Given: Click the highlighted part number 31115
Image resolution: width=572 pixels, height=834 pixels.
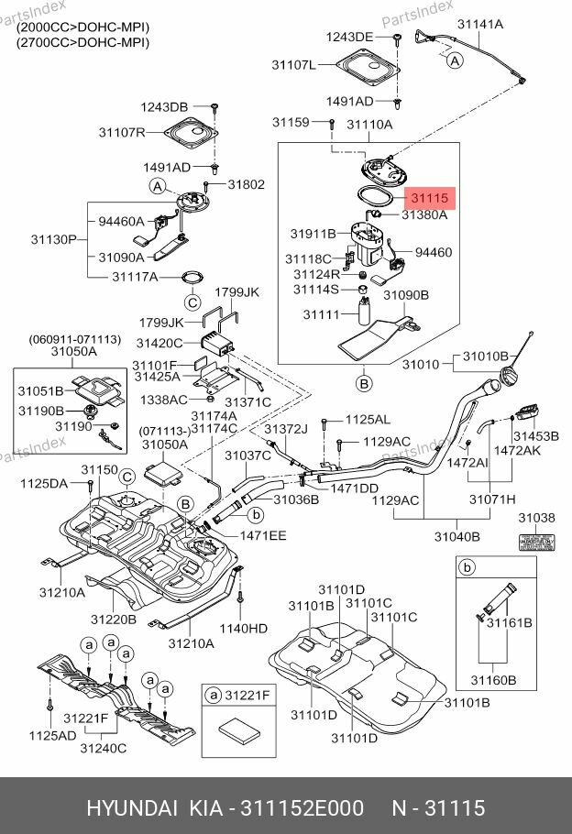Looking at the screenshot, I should (x=429, y=197).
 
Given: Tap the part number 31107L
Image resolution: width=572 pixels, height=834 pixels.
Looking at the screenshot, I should (x=293, y=66).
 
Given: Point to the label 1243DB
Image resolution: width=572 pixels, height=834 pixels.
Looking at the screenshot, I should (x=163, y=107).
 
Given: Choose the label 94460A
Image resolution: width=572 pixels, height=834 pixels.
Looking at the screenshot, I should (x=121, y=221).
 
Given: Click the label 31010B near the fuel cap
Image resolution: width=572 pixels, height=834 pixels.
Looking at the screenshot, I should (x=485, y=356).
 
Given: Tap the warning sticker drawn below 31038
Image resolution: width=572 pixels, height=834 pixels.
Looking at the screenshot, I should (x=537, y=542).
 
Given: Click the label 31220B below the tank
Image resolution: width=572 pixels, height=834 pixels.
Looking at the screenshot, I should (x=113, y=619).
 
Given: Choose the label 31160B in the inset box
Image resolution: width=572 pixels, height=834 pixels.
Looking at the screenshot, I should (x=494, y=680).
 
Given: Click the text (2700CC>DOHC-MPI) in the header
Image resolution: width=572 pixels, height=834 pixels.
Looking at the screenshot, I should (x=82, y=42).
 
